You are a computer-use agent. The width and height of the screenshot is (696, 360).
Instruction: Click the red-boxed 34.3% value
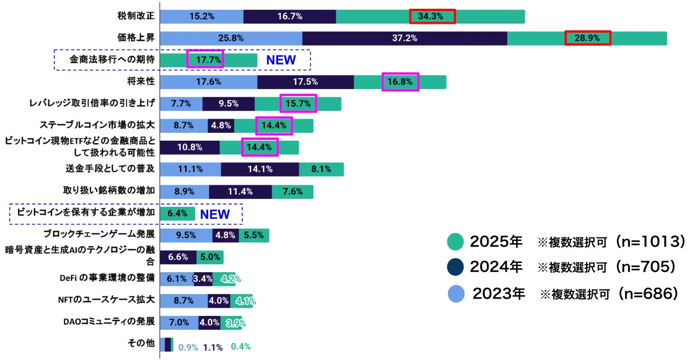point(432,16)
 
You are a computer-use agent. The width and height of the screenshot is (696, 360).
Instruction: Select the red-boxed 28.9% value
point(587,38)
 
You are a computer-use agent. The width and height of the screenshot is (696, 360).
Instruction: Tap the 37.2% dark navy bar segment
point(404,38)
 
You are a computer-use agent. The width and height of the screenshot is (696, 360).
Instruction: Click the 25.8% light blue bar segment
point(231,38)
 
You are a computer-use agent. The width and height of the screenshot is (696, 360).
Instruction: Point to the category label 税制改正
point(136,16)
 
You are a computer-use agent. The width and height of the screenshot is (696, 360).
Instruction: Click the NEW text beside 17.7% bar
point(281,60)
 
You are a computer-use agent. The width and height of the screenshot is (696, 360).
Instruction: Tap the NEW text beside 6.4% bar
point(215,214)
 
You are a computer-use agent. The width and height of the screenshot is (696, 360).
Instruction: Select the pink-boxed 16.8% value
point(400,82)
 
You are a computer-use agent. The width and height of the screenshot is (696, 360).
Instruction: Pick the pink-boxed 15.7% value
point(298,104)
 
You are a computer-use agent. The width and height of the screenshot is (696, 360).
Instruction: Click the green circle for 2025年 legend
point(455,242)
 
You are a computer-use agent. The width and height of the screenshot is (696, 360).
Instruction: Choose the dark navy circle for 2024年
point(455,267)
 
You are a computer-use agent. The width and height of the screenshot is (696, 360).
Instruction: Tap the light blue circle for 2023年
point(456,294)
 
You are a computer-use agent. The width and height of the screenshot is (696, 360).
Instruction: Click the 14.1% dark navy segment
point(260,169)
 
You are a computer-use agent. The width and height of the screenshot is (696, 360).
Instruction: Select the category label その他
point(141,343)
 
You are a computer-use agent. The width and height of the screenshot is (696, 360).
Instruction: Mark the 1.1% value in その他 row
point(213,348)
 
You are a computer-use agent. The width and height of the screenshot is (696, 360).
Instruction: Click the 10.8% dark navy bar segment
point(190,147)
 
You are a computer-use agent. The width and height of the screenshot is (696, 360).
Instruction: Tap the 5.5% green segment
point(254,235)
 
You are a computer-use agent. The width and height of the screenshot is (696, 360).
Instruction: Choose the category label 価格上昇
point(136,37)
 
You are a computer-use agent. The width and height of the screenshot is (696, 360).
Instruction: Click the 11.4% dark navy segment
point(240,192)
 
